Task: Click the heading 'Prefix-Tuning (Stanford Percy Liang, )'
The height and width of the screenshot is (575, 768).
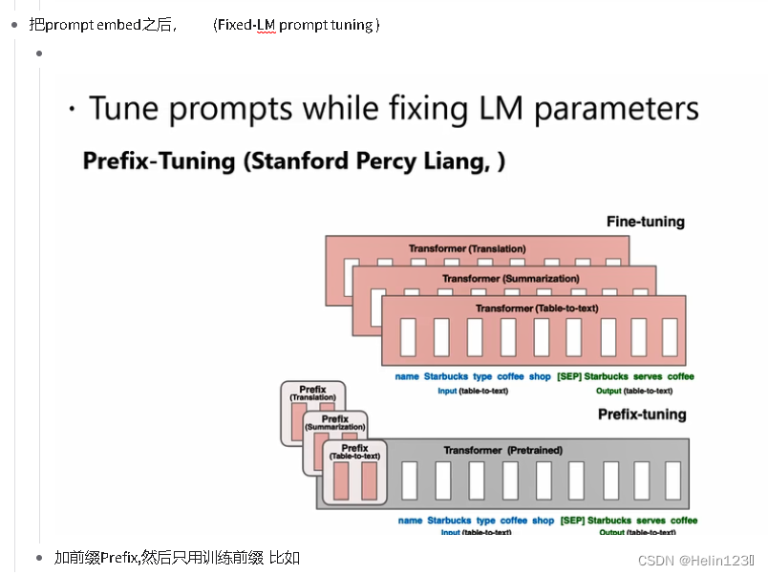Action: (293, 160)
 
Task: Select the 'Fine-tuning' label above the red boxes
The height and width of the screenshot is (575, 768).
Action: (645, 222)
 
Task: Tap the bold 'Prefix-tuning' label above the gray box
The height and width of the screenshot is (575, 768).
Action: (642, 415)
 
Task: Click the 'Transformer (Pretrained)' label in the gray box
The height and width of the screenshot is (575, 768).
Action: (503, 450)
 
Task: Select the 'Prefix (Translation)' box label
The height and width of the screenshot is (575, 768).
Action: (312, 394)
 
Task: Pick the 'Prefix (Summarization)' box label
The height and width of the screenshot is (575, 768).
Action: (335, 423)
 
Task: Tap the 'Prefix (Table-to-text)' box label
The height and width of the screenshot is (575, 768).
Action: (354, 453)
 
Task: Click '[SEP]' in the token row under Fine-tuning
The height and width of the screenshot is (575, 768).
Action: (569, 376)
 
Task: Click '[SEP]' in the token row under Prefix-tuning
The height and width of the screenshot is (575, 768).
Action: (572, 521)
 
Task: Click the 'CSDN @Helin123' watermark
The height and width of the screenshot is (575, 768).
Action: (695, 560)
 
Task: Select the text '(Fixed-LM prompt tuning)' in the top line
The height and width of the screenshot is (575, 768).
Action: (296, 25)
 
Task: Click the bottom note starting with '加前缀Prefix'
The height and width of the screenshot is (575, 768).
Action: (177, 557)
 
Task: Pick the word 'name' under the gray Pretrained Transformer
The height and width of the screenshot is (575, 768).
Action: (410, 521)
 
